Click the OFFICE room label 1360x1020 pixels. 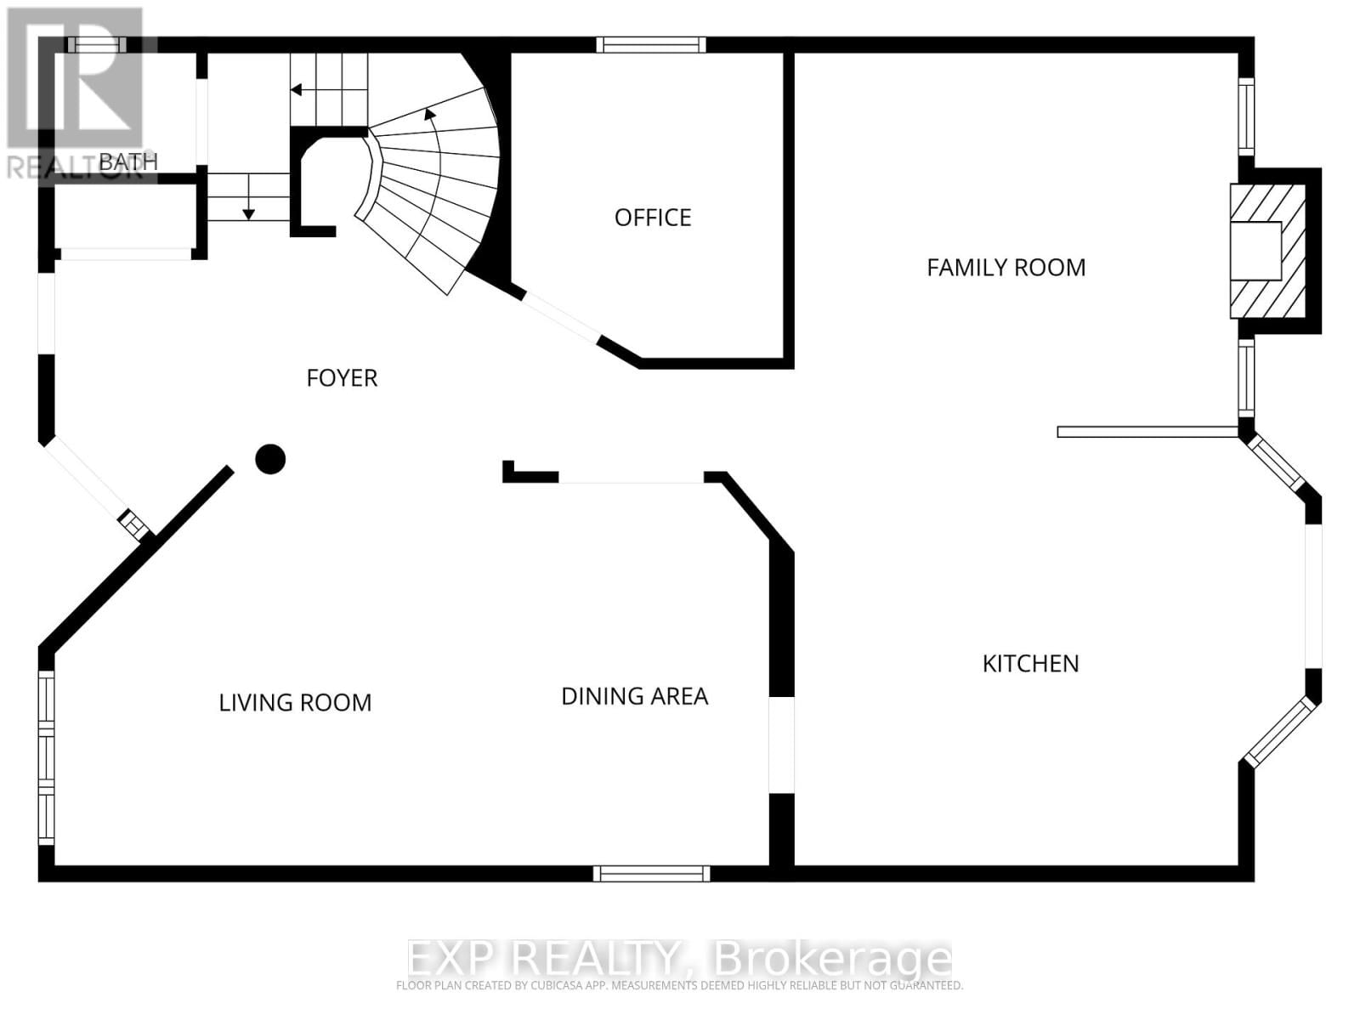coord(653,218)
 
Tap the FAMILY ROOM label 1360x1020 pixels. coord(1006,268)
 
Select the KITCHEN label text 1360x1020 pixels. coord(1030,664)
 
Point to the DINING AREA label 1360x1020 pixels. coord(634,696)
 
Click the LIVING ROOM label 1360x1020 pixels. coord(295,703)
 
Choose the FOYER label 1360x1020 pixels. coord(342,378)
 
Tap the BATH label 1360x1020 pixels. coord(128,161)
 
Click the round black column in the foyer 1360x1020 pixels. coord(270,459)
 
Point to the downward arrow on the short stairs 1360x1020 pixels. coord(248,212)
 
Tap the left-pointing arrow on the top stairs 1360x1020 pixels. coord(297,89)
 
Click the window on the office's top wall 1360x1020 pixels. coord(650,45)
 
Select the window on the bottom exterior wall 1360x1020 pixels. coord(651,873)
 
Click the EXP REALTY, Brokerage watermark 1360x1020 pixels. coord(680,959)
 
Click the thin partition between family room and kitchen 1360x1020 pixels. coord(1147,432)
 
